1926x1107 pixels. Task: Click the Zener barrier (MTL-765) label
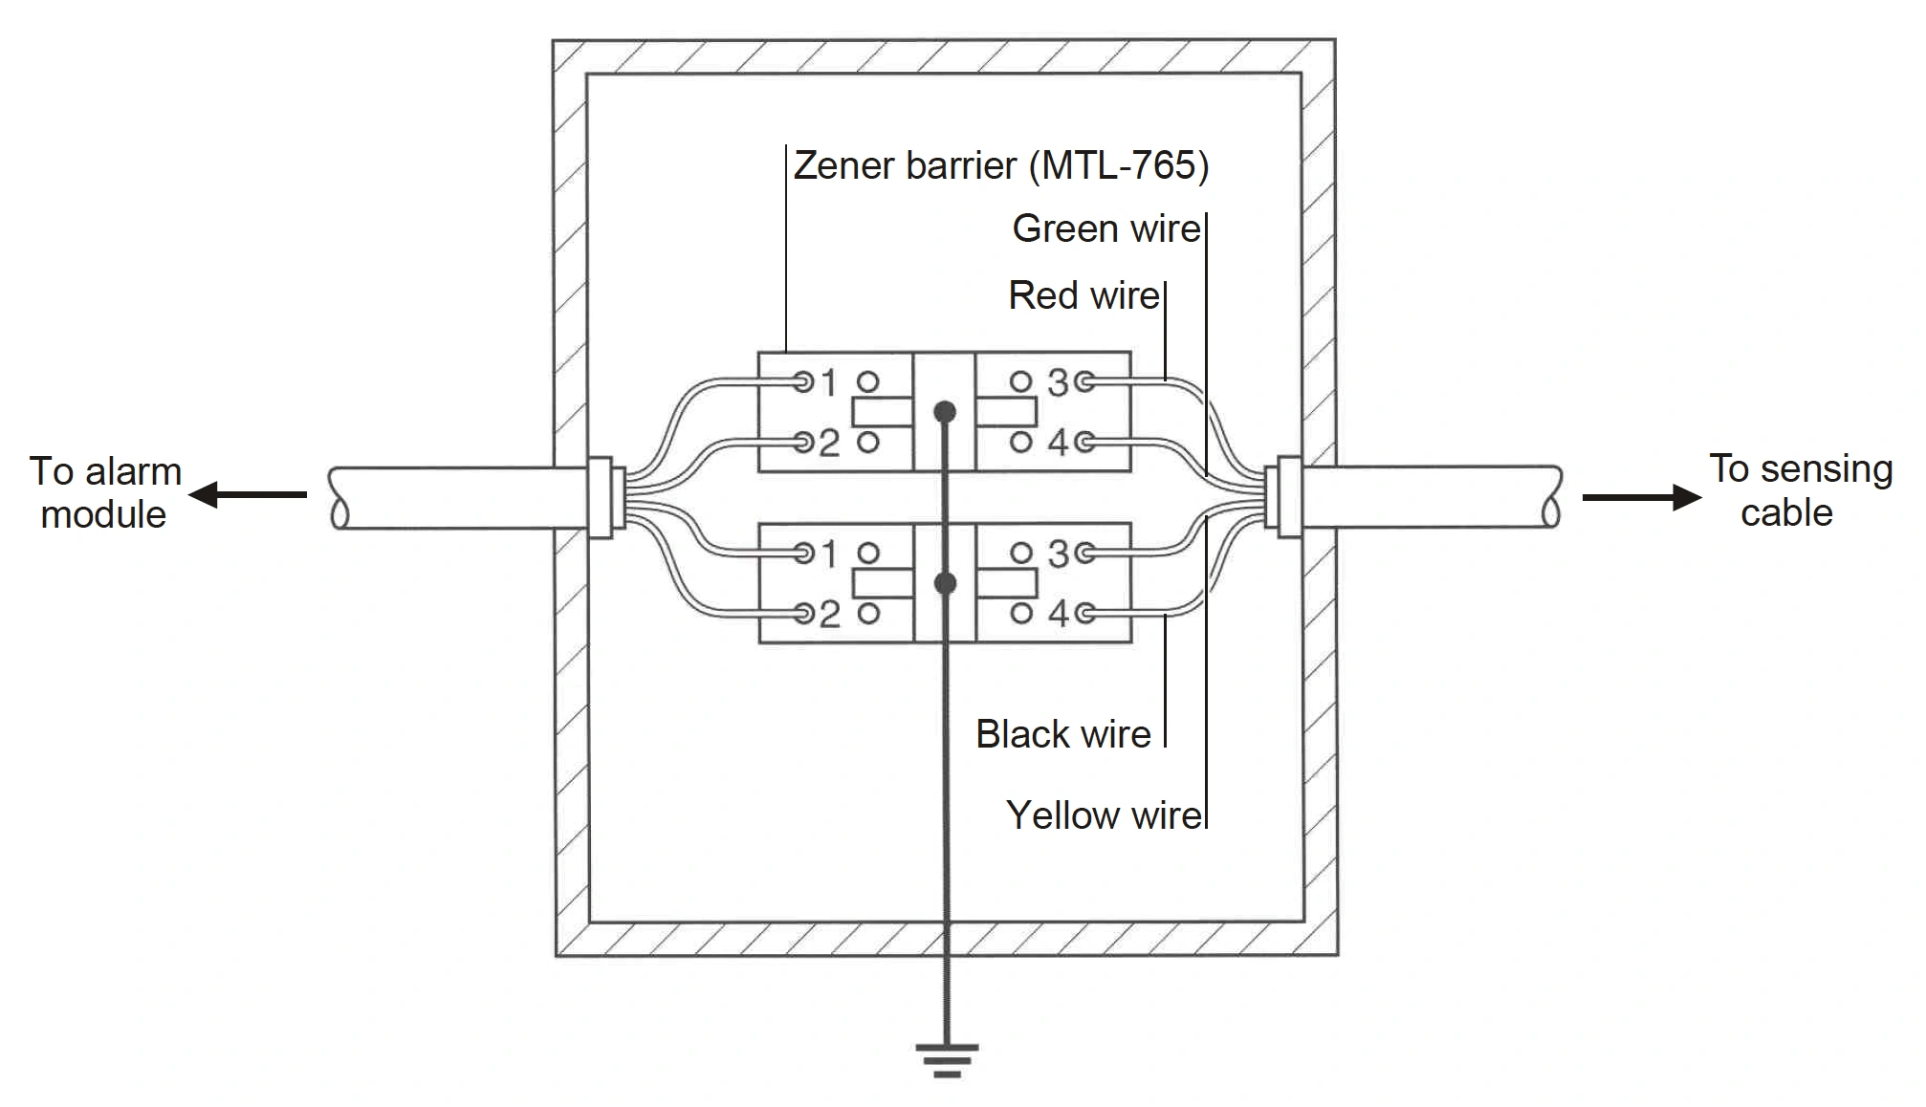[x=1001, y=165]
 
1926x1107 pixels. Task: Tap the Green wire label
[x=1105, y=228]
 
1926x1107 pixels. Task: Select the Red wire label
[x=1083, y=295]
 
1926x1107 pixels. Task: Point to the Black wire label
[x=1062, y=734]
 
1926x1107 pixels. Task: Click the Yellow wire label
[x=1104, y=815]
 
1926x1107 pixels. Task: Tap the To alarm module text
[x=104, y=492]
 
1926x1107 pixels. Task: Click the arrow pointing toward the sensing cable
[x=1641, y=497]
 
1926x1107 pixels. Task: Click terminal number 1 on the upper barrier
[x=828, y=383]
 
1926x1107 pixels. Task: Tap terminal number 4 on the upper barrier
[x=1057, y=443]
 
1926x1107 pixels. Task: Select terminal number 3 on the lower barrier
[x=1057, y=553]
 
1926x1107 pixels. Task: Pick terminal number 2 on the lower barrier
[x=828, y=614]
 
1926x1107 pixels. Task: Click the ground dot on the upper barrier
[x=945, y=412]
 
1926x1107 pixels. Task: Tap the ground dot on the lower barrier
[x=945, y=583]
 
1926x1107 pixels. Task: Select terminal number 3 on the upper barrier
[x=1057, y=382]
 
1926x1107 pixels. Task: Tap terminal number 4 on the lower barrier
[x=1057, y=613]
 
